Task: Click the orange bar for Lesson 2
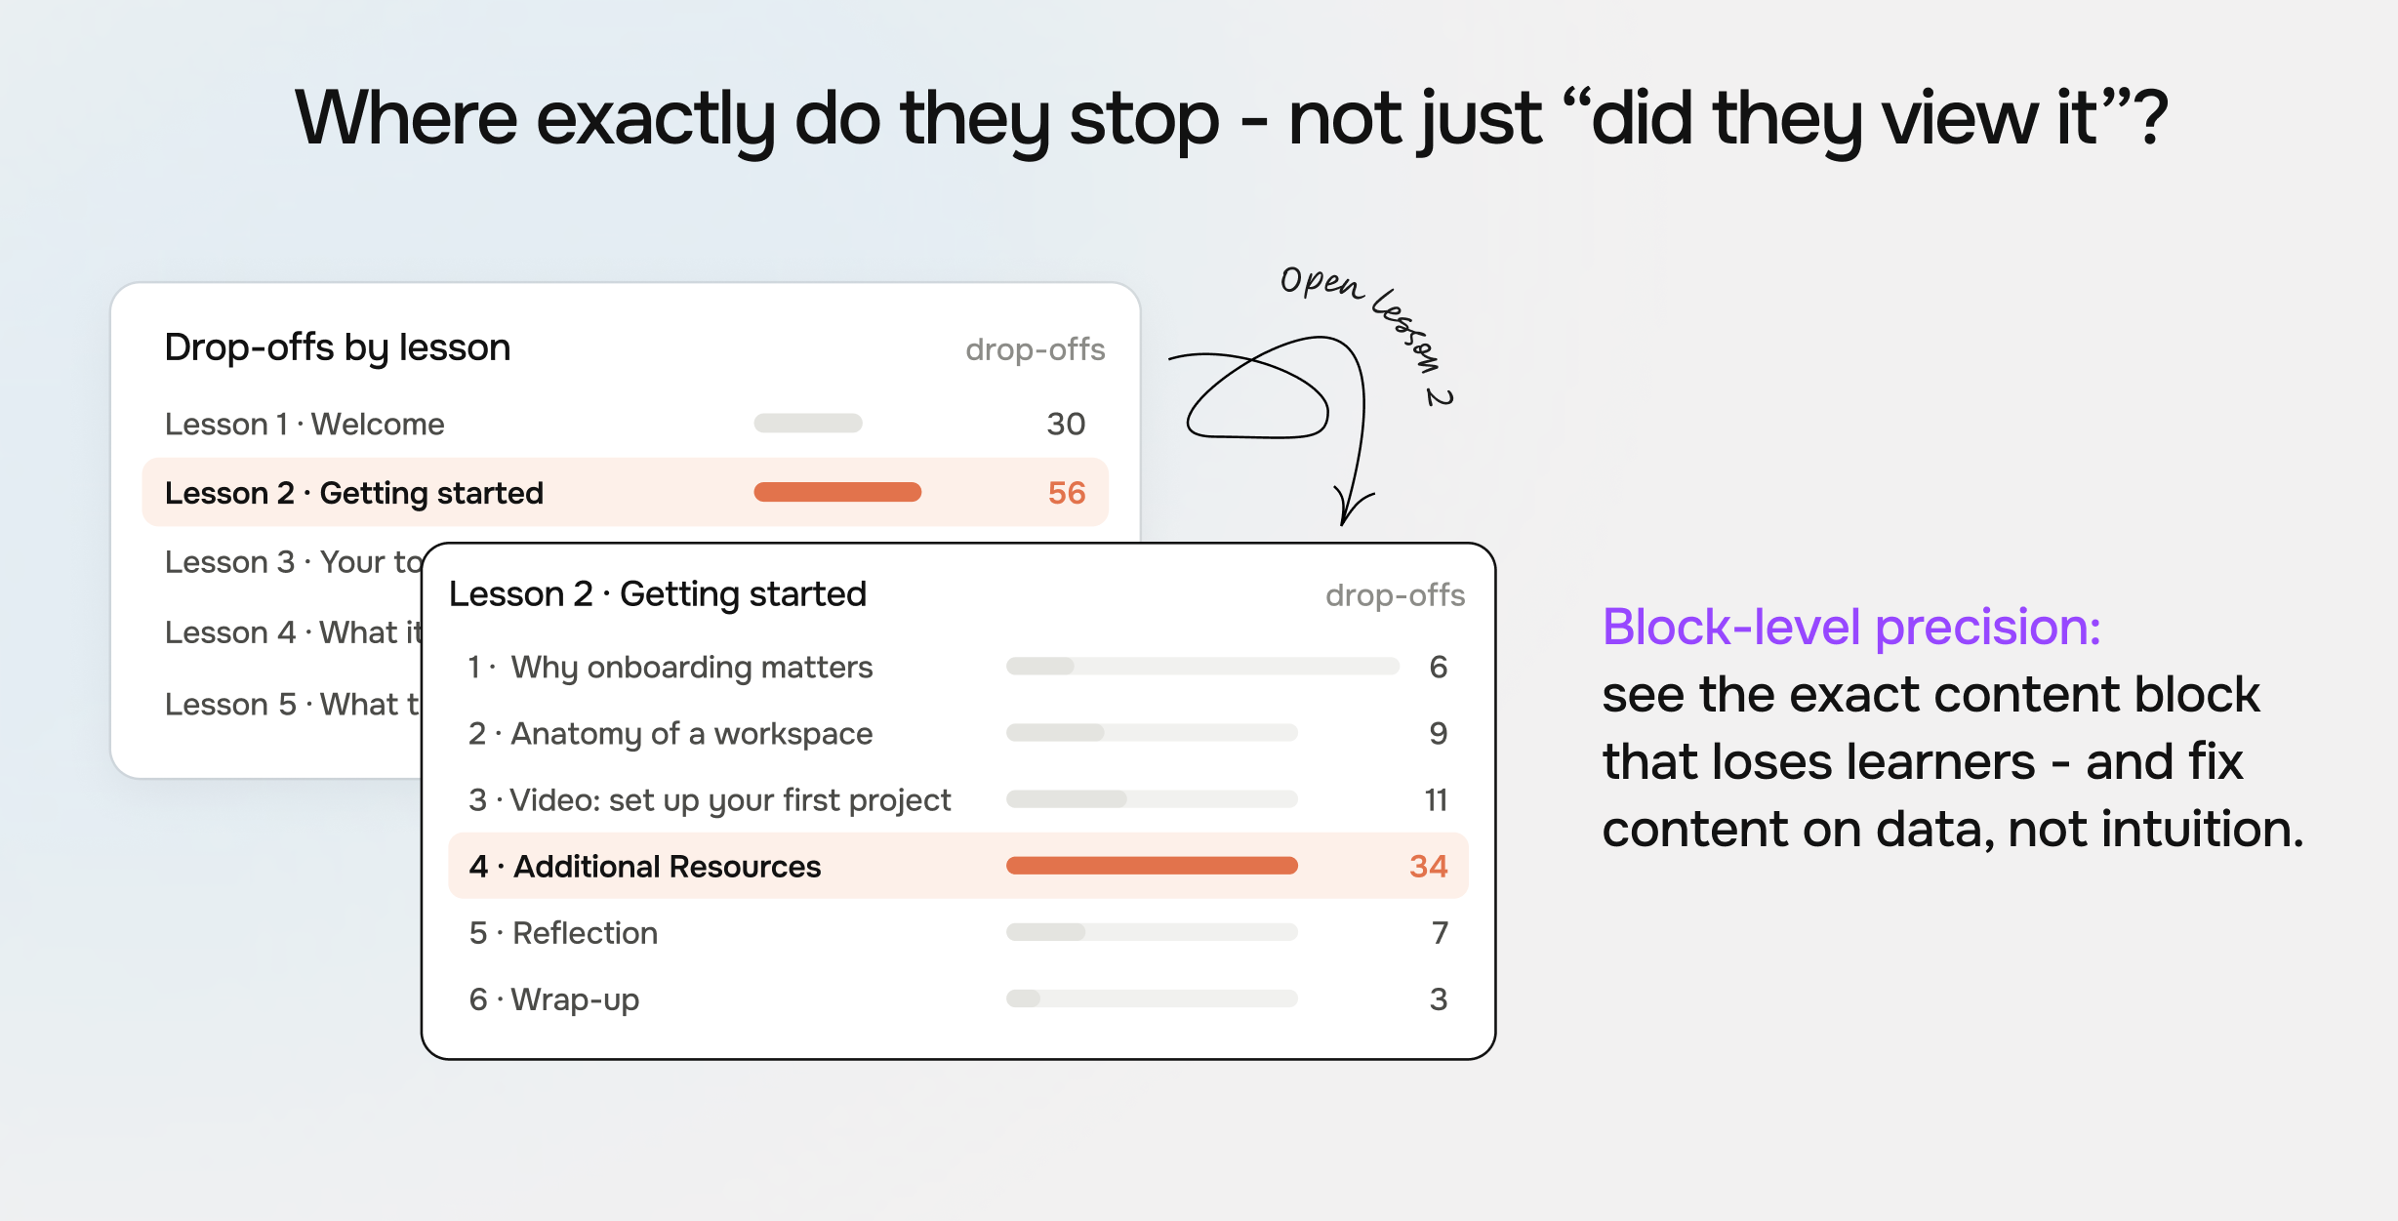[x=837, y=492]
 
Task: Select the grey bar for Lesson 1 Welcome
[x=808, y=423]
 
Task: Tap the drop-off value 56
[x=1067, y=493]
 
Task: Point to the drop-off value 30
[x=1066, y=424]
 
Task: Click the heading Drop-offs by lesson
[x=337, y=348]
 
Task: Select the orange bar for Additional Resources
[x=1152, y=866]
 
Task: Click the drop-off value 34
[x=1429, y=866]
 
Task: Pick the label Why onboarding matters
[x=692, y=668]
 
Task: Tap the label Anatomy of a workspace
[x=692, y=734]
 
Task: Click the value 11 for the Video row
[x=1436, y=800]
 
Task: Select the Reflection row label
[x=585, y=933]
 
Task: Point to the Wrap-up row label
[x=575, y=1000]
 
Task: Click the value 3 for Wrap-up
[x=1439, y=999]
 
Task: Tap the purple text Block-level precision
[x=1850, y=627]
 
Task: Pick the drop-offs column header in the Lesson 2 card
[x=1395, y=595]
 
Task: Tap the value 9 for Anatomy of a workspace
[x=1439, y=734]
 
